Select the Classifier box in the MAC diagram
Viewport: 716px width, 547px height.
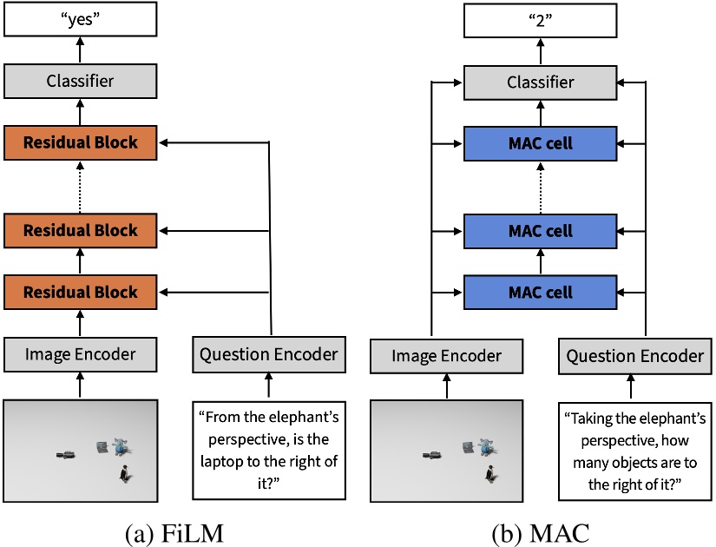pos(540,82)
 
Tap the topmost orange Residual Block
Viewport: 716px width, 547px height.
pos(81,142)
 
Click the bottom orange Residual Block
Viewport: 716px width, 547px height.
pos(81,291)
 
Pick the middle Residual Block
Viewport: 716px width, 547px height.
pos(81,232)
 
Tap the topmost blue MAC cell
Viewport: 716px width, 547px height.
pos(540,142)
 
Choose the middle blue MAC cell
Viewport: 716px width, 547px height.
pos(540,233)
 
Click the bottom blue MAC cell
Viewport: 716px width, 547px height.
pos(540,292)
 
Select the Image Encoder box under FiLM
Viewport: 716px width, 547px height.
pos(81,353)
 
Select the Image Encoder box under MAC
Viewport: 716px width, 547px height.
pos(448,356)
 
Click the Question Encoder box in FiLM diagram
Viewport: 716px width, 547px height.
pos(268,353)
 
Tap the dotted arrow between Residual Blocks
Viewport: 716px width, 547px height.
pos(81,187)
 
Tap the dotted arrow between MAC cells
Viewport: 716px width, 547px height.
pos(540,188)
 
